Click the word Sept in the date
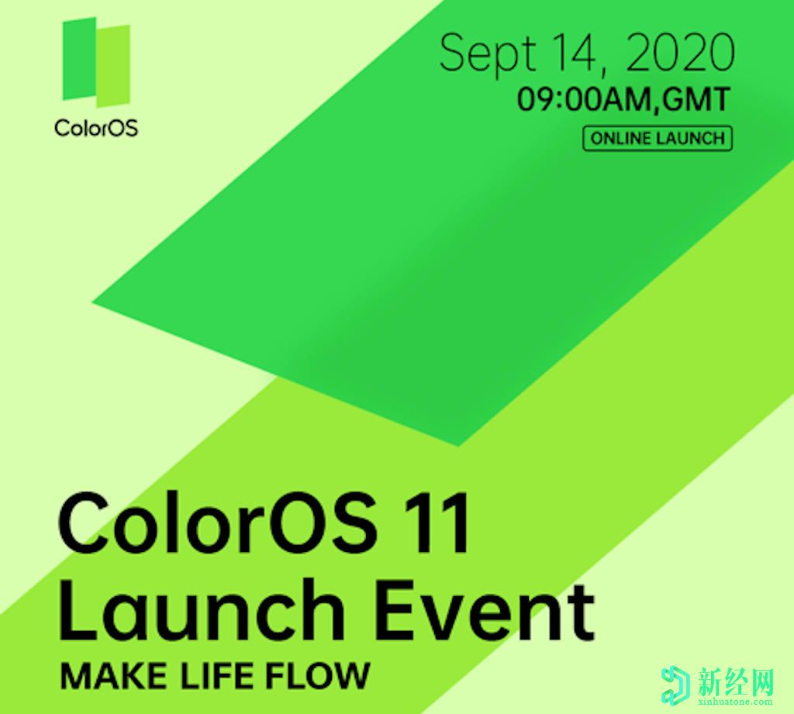click(488, 53)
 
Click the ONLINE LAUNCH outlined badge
click(658, 139)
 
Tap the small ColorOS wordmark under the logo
click(96, 127)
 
